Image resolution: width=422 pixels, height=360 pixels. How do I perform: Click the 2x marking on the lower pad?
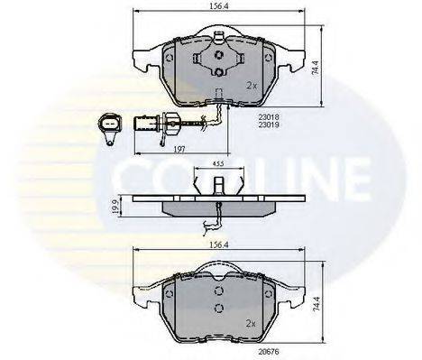click(x=252, y=321)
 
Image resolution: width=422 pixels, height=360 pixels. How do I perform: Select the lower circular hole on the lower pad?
click(x=219, y=309)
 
